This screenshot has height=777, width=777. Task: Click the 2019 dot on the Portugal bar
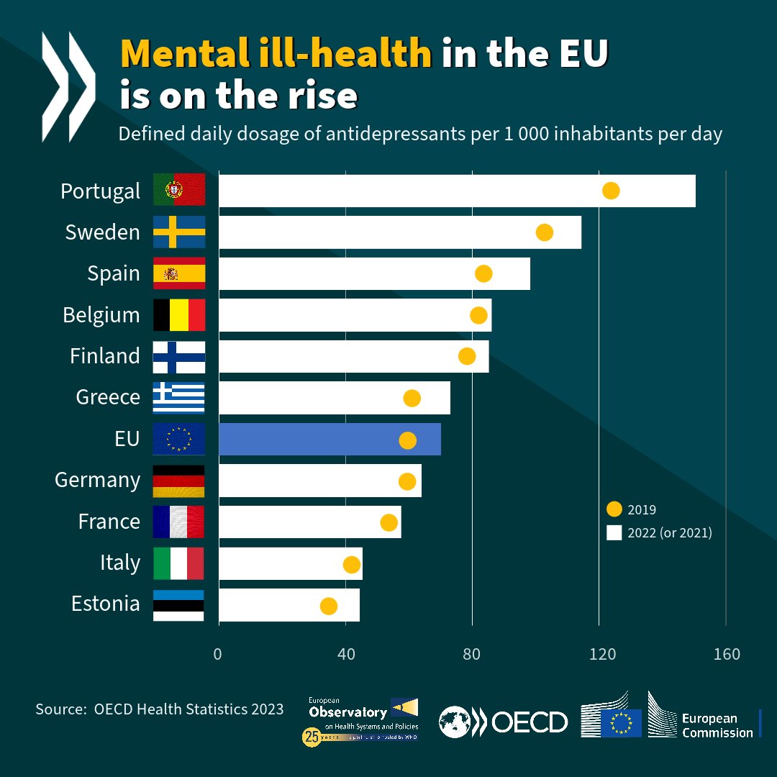click(611, 191)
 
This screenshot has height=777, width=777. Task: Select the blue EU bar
click(330, 440)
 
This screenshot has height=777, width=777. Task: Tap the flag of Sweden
click(179, 232)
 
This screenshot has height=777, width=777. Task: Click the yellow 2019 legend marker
click(614, 509)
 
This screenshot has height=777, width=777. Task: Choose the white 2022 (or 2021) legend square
click(614, 533)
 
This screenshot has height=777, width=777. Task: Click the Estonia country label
click(106, 603)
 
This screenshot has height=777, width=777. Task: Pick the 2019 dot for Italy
click(352, 565)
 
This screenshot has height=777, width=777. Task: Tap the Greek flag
click(179, 398)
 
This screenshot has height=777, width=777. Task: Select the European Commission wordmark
click(709, 725)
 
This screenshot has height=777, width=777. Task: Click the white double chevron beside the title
click(68, 86)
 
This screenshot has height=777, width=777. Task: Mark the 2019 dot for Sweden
click(545, 232)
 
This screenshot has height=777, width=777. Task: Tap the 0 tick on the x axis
click(217, 654)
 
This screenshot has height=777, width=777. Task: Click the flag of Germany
click(179, 481)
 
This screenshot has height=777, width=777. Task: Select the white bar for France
click(309, 522)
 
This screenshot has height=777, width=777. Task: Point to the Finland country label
click(105, 355)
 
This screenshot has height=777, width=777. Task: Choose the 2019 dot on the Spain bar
click(483, 273)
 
